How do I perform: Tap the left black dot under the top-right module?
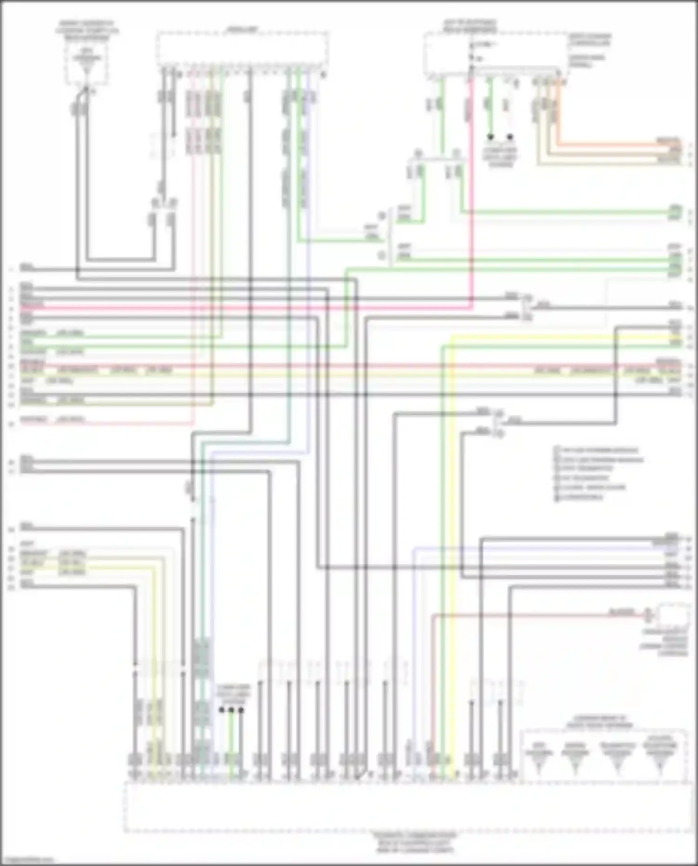coord(490,137)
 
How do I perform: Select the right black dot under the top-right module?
coord(510,137)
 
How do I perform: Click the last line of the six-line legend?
coord(579,497)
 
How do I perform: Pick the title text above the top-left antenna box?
coord(87,30)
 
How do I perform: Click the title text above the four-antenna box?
coord(599,725)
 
